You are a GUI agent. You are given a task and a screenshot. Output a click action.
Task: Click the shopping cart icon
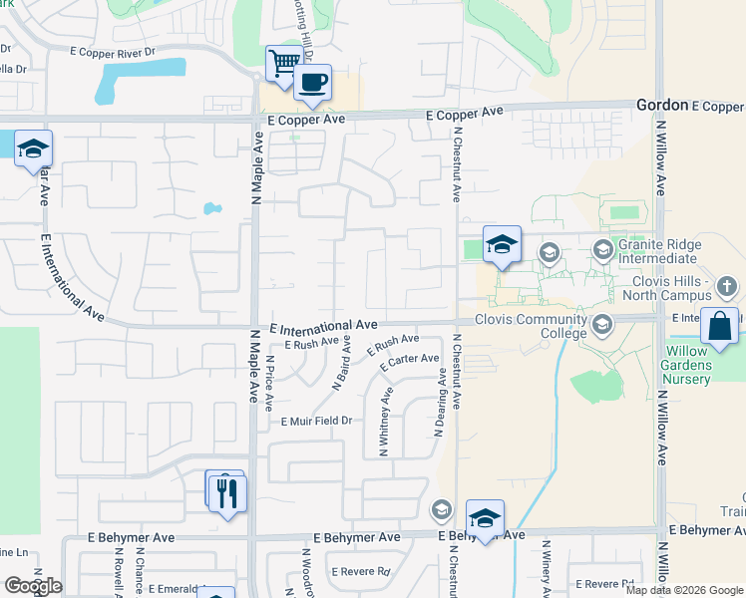pyautogui.click(x=284, y=64)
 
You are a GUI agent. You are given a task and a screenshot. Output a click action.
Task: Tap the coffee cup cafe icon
pyautogui.click(x=312, y=83)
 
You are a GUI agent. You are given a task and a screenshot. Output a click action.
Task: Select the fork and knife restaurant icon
pyautogui.click(x=228, y=491)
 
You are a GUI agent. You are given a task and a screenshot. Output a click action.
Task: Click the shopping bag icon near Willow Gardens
pyautogui.click(x=719, y=326)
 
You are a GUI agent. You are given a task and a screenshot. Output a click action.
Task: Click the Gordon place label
pyautogui.click(x=662, y=105)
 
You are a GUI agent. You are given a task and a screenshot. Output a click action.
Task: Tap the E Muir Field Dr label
pyautogui.click(x=317, y=422)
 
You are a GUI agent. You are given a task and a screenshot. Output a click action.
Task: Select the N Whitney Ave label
pyautogui.click(x=385, y=423)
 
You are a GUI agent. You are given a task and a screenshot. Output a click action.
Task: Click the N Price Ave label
pyautogui.click(x=269, y=383)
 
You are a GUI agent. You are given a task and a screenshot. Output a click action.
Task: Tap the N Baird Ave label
pyautogui.click(x=342, y=368)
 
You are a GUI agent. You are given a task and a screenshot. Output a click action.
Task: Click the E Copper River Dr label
pyautogui.click(x=115, y=50)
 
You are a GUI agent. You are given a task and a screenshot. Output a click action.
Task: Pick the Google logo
pyautogui.click(x=32, y=586)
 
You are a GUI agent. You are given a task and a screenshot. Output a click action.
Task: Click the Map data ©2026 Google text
pyautogui.click(x=683, y=590)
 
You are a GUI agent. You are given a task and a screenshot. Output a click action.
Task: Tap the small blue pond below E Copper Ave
pyautogui.click(x=211, y=209)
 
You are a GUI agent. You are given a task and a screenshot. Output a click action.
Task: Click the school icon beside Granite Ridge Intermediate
pyautogui.click(x=602, y=248)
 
